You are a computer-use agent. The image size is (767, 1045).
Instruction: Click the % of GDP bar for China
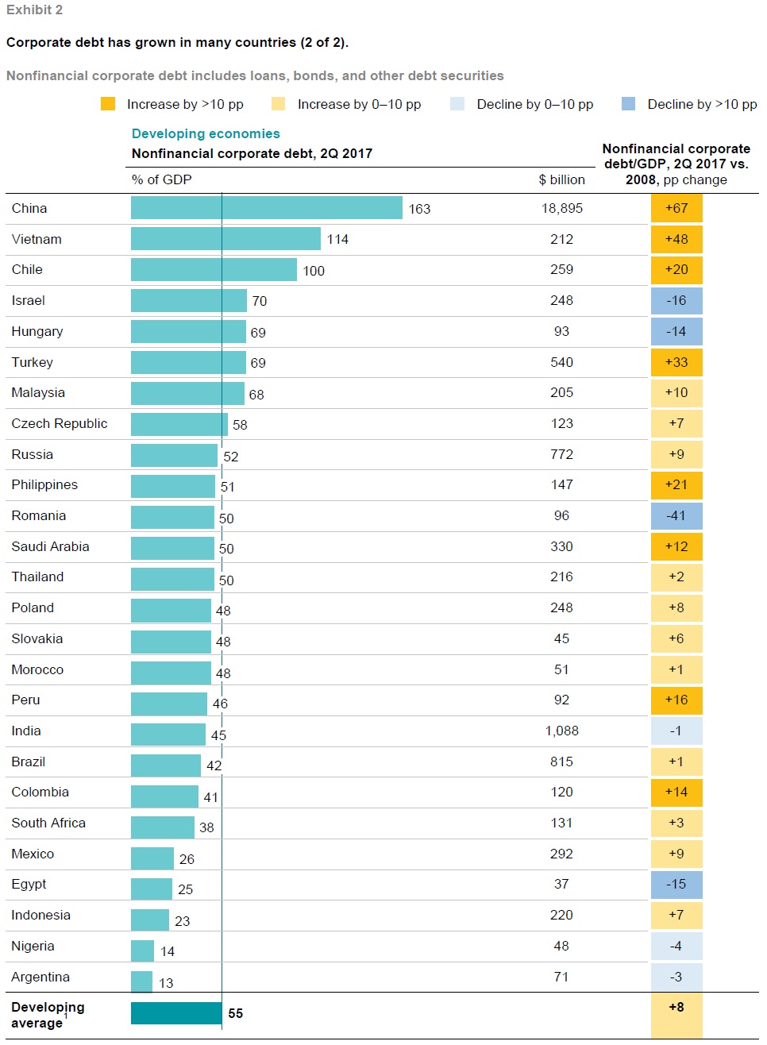pos(266,208)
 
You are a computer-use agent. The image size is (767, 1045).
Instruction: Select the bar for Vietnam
pos(225,239)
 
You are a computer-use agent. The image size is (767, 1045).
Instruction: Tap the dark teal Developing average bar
pos(176,1013)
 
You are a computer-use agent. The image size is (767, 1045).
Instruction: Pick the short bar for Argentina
pos(141,982)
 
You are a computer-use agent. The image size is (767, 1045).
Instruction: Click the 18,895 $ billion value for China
pos(561,208)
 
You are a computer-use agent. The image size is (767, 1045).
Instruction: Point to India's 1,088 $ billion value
pos(561,731)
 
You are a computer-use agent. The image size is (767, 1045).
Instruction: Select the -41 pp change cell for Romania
pos(676,515)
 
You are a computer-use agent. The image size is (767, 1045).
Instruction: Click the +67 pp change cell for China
pos(676,208)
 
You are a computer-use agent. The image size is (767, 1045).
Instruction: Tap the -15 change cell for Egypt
pos(676,884)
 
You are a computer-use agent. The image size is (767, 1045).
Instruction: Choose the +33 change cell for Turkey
pos(676,362)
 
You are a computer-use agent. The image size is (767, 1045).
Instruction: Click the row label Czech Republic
pos(60,423)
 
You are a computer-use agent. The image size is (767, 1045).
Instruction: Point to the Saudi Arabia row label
pos(50,546)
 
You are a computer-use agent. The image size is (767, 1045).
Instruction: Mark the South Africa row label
pos(48,823)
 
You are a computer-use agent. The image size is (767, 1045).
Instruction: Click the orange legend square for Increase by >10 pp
pos(108,104)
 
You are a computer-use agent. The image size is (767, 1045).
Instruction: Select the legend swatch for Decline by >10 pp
pos(628,104)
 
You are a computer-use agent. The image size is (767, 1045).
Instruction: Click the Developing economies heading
pos(206,133)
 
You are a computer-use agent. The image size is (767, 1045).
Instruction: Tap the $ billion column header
pos(561,179)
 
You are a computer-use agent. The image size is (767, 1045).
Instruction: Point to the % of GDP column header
pos(162,179)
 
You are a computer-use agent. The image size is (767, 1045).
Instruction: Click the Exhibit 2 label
pos(34,10)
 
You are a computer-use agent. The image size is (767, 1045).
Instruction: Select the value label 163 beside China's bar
pos(419,209)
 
